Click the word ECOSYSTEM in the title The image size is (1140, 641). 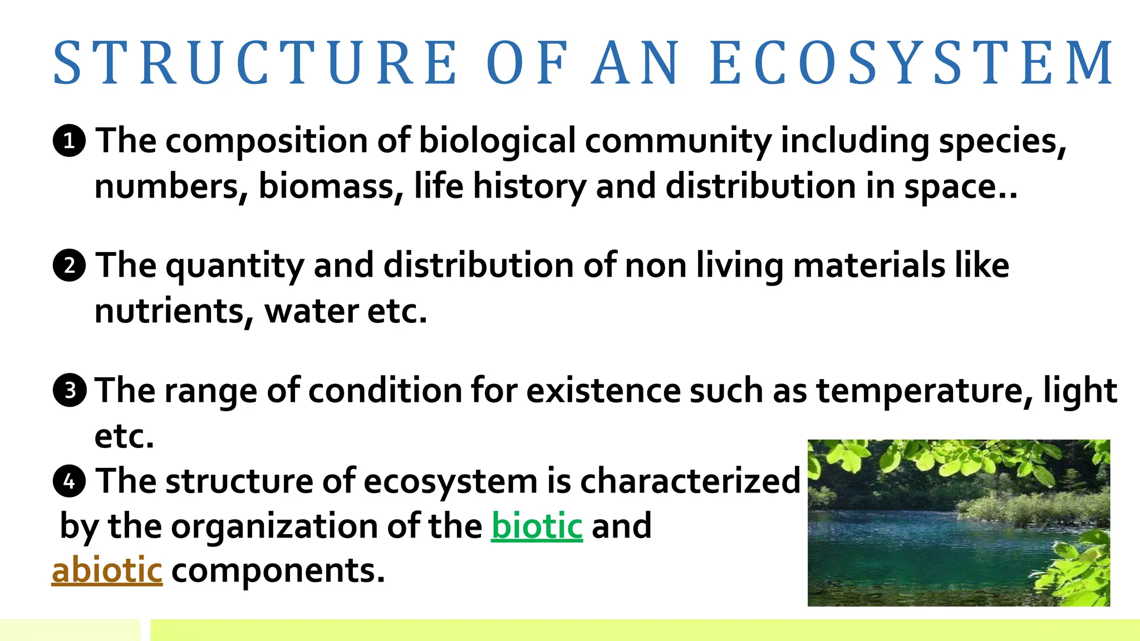pos(912,62)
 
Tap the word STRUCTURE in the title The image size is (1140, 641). pos(255,62)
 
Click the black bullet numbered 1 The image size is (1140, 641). pos(69,141)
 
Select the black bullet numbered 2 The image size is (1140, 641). pos(69,265)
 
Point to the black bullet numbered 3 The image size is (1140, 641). pos(69,390)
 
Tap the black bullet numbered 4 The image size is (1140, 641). pos(69,481)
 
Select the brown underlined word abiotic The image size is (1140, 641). pos(107,570)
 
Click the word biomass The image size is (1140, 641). pos(331,186)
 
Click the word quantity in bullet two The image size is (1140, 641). pos(234,266)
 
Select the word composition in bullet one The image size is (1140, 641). pos(266,141)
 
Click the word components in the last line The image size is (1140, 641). pos(278,571)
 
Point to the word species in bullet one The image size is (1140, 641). pos(1002,141)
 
